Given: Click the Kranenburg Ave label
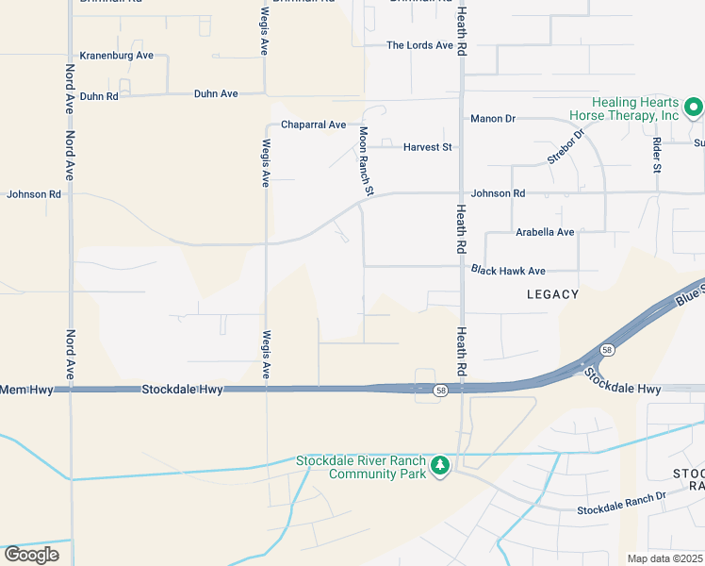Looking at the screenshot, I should coord(117,56).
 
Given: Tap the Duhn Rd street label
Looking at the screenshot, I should coord(99,96).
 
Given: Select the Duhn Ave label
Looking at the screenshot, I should coord(216,94).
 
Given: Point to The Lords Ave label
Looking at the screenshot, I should coord(420,45).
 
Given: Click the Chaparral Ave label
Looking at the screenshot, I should coord(314,125).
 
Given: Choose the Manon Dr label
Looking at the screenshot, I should coord(493,119).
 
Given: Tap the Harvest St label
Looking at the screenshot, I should coord(428,148).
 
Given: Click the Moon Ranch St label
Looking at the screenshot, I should coord(366,162).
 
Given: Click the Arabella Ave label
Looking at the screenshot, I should coord(545,232).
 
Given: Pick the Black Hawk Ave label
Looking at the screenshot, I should coord(509,271).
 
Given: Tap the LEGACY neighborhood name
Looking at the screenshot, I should coord(552,294).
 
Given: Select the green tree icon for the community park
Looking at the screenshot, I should coord(439,465).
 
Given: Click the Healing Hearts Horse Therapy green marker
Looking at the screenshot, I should coord(693,108).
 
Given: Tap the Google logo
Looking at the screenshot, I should coord(31,555).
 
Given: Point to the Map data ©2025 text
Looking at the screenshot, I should coord(664,558).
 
